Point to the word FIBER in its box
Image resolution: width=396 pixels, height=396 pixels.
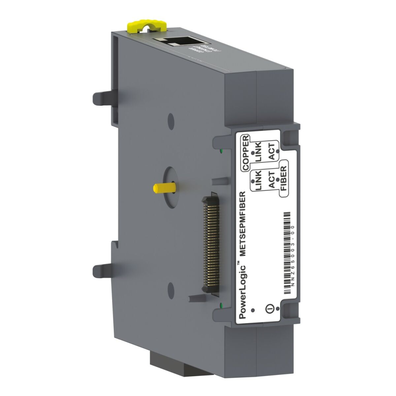pyautogui.click(x=283, y=179)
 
